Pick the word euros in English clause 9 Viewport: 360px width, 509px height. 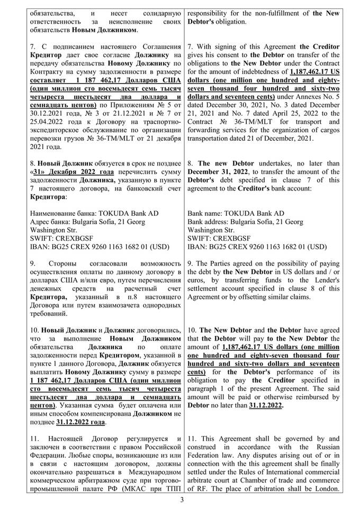(x=199, y=280)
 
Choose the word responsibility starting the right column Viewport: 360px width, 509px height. (x=210, y=13)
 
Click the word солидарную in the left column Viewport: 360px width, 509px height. (x=158, y=13)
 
